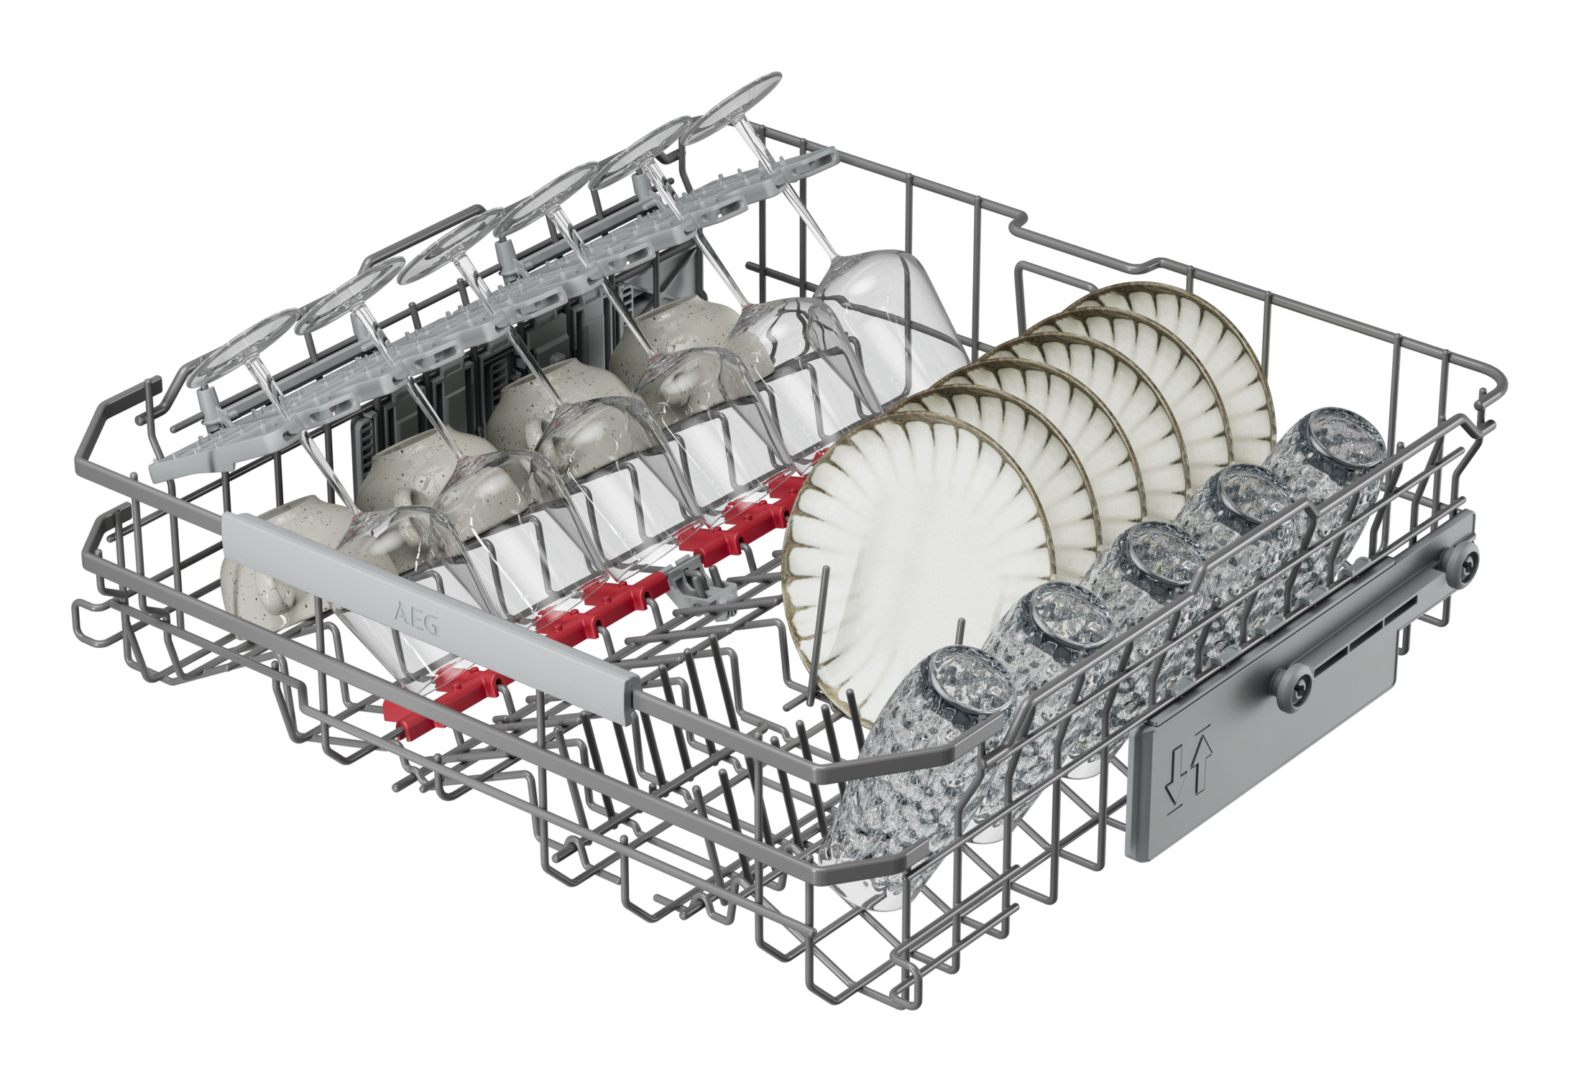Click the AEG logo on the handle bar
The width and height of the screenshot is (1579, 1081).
[x=416, y=620]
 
